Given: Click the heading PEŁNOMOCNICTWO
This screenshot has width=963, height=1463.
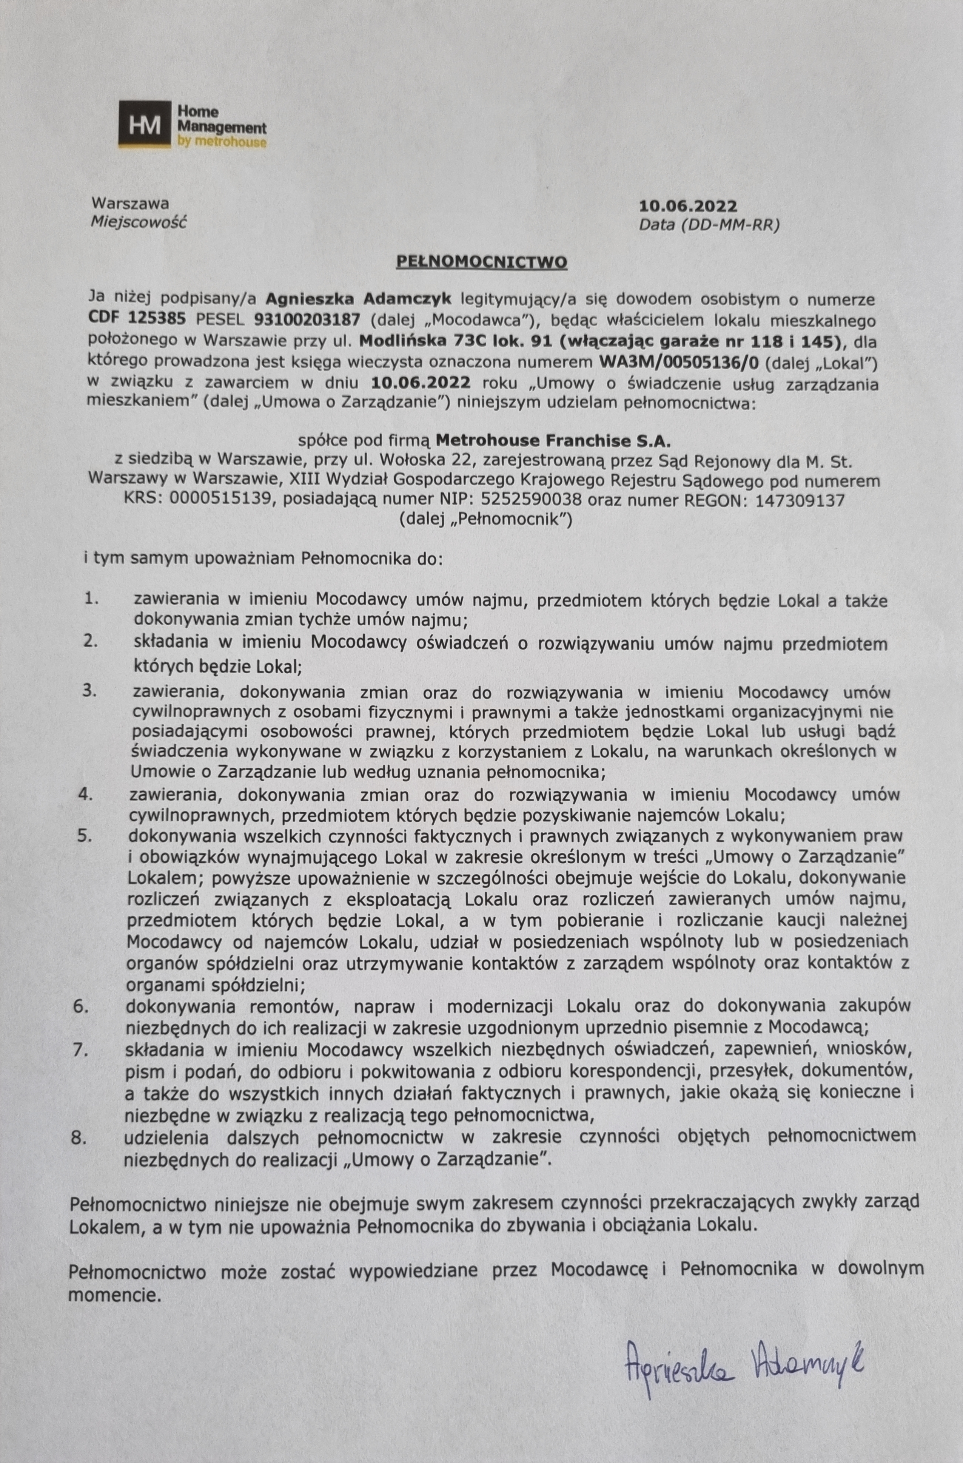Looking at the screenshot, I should (x=481, y=261).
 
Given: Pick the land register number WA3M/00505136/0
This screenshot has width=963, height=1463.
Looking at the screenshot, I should (x=681, y=363).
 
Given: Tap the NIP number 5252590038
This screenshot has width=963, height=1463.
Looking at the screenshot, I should (x=532, y=500).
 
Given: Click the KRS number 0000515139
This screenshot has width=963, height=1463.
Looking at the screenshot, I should (x=219, y=500).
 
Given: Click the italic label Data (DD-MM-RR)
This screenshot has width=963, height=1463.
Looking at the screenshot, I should (x=709, y=225).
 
